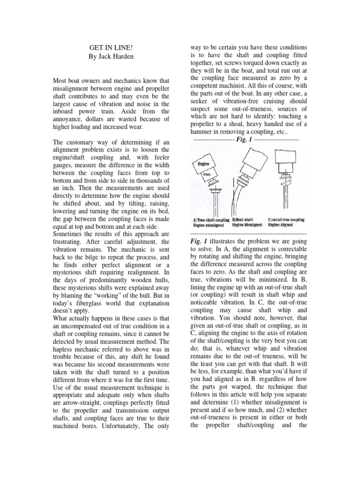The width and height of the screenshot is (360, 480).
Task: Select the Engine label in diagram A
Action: coord(203,165)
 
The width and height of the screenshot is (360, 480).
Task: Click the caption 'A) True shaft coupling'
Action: coord(211,219)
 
